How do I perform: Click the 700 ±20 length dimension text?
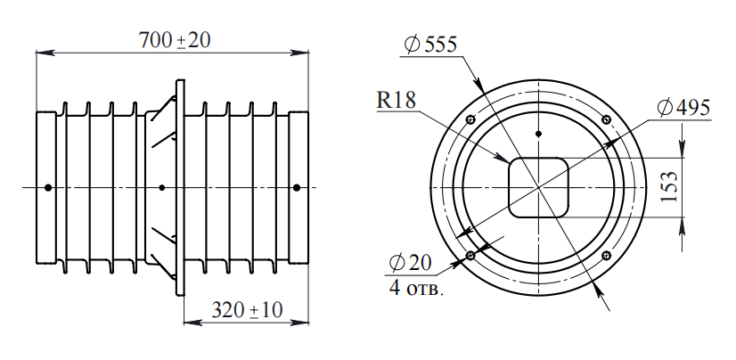pos(174,40)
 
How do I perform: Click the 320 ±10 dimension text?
pos(247,310)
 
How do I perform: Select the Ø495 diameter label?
pos(683,108)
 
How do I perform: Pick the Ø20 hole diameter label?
pos(411,265)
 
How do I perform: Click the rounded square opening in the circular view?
pos(538,187)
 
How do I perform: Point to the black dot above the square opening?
pos(538,134)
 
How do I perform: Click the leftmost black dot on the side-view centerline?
pos(48,187)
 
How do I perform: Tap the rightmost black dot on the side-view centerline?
pos(297,187)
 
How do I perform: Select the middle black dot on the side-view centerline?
pos(161,187)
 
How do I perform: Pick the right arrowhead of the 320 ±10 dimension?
pos(302,323)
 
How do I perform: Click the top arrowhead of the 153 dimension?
pos(683,148)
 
